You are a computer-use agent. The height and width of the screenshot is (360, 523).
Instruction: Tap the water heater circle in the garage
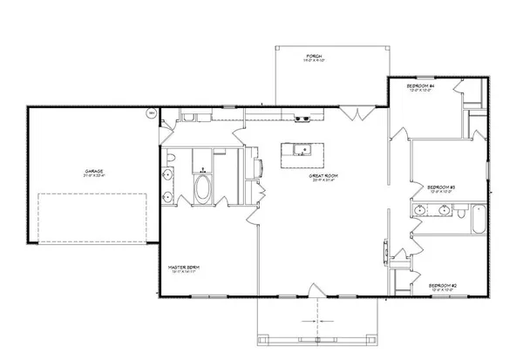(150, 113)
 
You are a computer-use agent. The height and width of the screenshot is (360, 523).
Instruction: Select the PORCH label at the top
(314, 58)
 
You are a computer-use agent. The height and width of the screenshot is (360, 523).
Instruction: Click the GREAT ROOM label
(323, 177)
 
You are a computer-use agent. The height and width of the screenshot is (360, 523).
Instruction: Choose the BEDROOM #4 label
(421, 87)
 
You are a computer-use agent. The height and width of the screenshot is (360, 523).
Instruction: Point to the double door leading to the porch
(355, 113)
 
